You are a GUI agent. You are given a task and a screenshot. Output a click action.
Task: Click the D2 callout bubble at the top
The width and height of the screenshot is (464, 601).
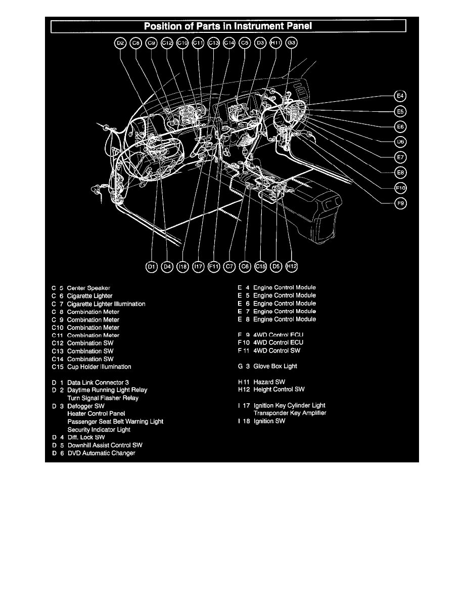click(x=120, y=44)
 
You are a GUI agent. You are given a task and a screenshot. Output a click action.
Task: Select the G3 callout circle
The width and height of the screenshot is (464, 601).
click(x=292, y=44)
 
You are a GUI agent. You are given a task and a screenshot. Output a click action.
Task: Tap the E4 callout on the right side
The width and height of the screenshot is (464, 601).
click(x=400, y=96)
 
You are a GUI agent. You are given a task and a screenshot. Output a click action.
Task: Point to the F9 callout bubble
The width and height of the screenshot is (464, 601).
click(x=400, y=203)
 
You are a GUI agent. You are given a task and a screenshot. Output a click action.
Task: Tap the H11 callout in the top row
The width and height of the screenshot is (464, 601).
click(x=276, y=44)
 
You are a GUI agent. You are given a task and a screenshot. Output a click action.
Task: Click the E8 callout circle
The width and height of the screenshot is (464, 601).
click(x=400, y=173)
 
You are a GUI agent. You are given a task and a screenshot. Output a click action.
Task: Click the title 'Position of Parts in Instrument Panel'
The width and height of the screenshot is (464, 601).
click(x=228, y=25)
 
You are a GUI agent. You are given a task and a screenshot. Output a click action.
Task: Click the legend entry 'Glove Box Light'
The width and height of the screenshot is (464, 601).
click(x=275, y=366)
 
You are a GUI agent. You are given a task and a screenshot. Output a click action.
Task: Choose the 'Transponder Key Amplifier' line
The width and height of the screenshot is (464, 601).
click(x=290, y=413)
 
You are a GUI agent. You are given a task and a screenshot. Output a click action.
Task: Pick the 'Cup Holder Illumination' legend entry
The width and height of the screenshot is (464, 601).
click(x=99, y=367)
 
